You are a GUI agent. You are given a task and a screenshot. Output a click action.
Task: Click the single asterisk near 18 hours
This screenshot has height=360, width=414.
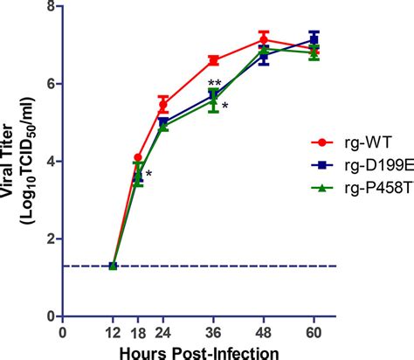149,175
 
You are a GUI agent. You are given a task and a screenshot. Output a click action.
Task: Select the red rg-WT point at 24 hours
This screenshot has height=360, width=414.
163,105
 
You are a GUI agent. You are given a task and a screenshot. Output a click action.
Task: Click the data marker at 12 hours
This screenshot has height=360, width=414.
113,266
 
